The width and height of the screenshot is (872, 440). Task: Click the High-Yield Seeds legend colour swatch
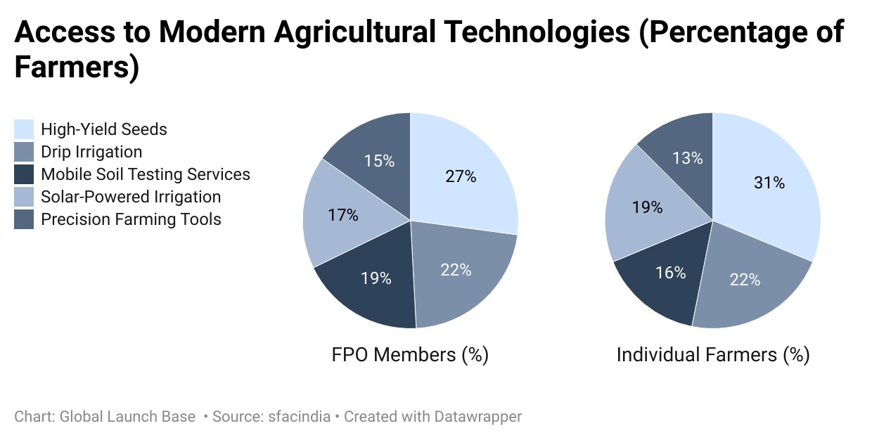coord(24,129)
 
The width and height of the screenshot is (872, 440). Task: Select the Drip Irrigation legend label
coord(91,152)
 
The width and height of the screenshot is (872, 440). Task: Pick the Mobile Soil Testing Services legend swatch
coord(24,174)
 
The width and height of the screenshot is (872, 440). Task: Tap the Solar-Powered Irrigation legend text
coord(131,197)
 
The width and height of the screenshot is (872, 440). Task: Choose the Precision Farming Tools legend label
coord(131,219)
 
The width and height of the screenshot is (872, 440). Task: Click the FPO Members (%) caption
coord(410,355)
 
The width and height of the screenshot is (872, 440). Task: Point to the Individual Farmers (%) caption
coord(713,355)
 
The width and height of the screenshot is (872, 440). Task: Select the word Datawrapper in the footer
coord(478,417)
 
